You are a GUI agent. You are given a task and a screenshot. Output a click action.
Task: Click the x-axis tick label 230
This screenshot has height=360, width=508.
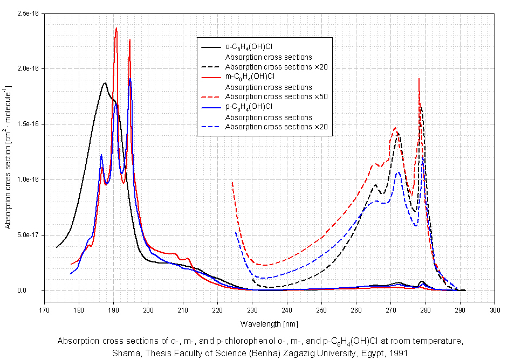pyautogui.click(x=252, y=311)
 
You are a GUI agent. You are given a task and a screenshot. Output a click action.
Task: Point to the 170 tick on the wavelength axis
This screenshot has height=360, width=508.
pyautogui.click(x=44, y=311)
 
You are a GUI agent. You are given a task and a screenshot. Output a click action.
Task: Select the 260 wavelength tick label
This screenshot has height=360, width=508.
pyautogui.click(x=356, y=311)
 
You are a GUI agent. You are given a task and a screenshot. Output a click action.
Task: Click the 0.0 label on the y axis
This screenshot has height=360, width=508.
pyautogui.click(x=33, y=290)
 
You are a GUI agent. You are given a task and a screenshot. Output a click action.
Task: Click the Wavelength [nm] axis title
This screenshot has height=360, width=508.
pyautogui.click(x=269, y=324)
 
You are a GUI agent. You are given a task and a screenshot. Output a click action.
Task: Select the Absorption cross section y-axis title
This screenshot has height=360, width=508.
pyautogui.click(x=9, y=157)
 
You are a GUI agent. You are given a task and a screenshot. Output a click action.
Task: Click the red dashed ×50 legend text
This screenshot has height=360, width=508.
pyautogui.click(x=277, y=97)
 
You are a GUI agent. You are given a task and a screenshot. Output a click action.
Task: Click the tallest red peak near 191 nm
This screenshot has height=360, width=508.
pyautogui.click(x=116, y=29)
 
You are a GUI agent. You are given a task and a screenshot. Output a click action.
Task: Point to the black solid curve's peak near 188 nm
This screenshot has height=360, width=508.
pyautogui.click(x=105, y=83)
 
